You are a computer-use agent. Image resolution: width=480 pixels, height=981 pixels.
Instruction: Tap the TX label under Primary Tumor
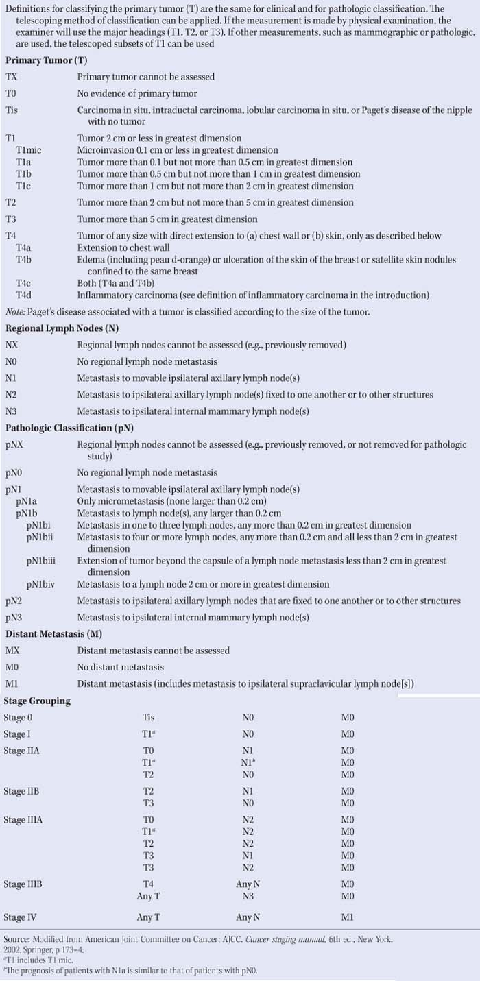tap(12, 77)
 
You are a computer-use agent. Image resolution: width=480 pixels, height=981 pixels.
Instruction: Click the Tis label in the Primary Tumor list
tap(12, 110)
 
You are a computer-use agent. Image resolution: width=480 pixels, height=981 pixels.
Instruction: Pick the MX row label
tap(12, 651)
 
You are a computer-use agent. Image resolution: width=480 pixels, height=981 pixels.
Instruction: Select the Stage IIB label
tap(22, 790)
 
